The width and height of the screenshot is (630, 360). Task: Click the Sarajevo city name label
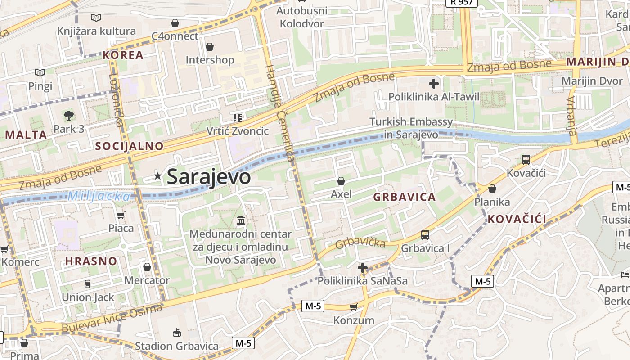(x=208, y=176)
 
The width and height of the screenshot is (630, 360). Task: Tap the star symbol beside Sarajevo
(x=157, y=176)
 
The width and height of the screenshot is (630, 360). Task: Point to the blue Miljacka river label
(x=99, y=196)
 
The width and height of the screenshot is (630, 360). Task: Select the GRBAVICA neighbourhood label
(x=404, y=197)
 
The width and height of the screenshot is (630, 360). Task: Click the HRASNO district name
(x=91, y=261)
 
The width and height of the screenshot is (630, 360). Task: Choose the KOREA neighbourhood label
(x=123, y=55)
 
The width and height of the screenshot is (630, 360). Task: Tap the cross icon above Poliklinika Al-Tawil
(x=434, y=83)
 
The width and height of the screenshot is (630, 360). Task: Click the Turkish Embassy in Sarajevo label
(x=411, y=128)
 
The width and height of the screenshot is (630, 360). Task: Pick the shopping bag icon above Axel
(x=341, y=181)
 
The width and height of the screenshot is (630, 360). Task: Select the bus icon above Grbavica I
(x=425, y=234)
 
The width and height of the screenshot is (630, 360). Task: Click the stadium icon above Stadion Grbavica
(x=176, y=333)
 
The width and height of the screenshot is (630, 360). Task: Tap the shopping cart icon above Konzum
(x=353, y=307)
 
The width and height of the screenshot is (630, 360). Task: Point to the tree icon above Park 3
(x=68, y=116)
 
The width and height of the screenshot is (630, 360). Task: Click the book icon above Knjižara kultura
(x=96, y=18)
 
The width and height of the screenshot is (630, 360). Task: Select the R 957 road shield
(x=461, y=2)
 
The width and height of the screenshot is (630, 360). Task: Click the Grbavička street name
(x=360, y=242)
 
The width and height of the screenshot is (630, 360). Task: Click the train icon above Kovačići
(x=526, y=159)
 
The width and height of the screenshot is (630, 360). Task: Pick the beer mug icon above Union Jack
(x=88, y=284)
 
